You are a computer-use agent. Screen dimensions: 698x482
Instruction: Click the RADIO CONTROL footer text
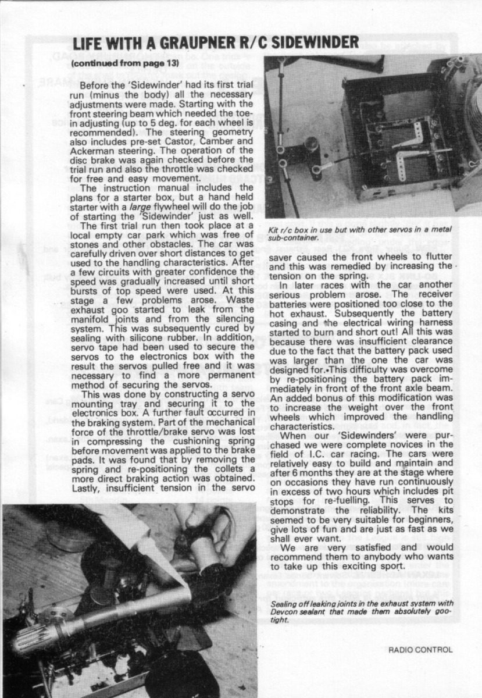(420, 650)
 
